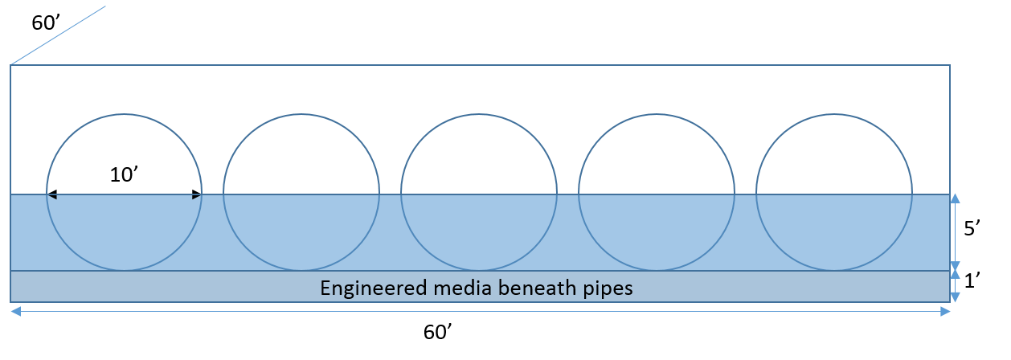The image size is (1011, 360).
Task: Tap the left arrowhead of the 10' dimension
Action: click(x=52, y=194)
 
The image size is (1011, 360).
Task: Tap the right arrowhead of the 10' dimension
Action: click(x=196, y=194)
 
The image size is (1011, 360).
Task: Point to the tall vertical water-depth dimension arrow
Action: click(x=955, y=232)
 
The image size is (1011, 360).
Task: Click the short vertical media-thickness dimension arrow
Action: click(x=955, y=287)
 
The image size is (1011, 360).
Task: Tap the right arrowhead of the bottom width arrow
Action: click(x=945, y=312)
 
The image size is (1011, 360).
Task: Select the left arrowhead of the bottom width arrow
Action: click(x=15, y=312)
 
